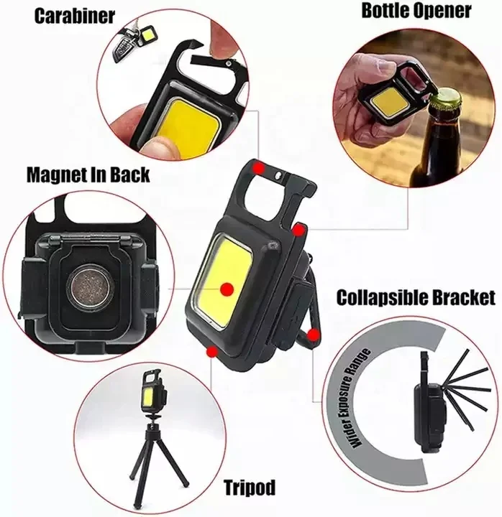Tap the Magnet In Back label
pyautogui.click(x=88, y=174)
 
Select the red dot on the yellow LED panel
pyautogui.click(x=227, y=289)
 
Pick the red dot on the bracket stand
pyautogui.click(x=312, y=334)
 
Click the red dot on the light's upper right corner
pyautogui.click(x=297, y=228)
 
